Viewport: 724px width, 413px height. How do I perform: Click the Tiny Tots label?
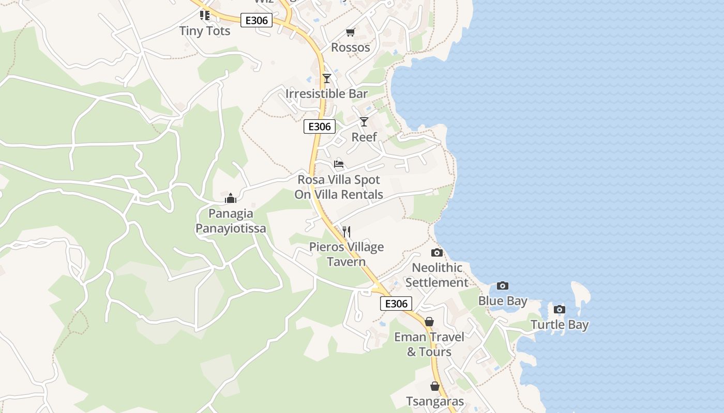point(205,31)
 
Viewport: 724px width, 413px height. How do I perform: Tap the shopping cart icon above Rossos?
point(350,33)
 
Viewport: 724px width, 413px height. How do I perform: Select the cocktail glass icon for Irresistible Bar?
point(326,78)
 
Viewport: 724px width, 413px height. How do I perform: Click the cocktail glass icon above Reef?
point(364,122)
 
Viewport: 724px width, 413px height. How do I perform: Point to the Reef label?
point(364,137)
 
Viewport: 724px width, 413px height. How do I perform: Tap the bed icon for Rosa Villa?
point(339,164)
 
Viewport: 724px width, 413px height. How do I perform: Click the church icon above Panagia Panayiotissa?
point(231,198)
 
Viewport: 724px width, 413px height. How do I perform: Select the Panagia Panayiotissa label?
point(231,221)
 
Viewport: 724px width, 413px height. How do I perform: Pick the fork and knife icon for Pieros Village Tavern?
point(346,232)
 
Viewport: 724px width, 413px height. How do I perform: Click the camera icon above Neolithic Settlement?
point(437,252)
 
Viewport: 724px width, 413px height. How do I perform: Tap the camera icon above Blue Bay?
point(502,285)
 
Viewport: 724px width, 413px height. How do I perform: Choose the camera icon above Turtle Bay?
point(559,310)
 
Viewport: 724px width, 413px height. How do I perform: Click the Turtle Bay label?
point(560,325)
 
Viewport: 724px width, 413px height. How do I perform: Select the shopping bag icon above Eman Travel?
point(429,322)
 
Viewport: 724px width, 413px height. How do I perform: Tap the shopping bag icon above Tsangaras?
point(435,386)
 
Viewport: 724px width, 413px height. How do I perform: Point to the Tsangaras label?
point(435,402)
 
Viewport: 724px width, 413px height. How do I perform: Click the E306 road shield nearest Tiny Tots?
point(257,21)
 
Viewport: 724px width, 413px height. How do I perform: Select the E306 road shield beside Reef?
point(320,126)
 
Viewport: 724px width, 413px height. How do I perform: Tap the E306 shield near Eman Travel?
point(396,304)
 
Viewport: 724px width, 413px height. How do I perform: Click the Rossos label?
point(351,47)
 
